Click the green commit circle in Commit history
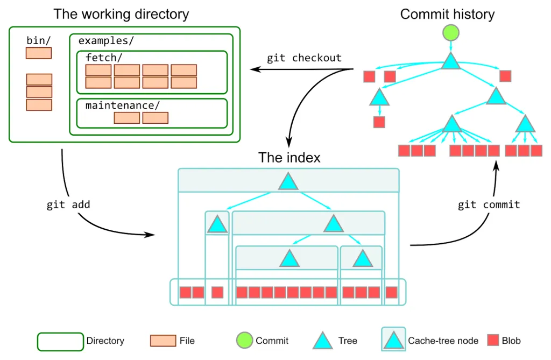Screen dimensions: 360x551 coord(451,33)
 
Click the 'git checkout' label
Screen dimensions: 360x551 coord(304,58)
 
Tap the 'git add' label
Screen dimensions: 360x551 coord(69,204)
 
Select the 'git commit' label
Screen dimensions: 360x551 coord(489,204)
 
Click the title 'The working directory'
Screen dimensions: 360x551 coord(121,14)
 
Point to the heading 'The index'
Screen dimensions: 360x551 coord(289,158)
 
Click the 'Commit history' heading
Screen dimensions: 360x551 coord(447,14)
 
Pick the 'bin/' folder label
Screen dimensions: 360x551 coord(38,41)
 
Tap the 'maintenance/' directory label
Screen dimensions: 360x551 coord(123,105)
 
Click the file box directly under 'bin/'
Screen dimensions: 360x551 coord(39,53)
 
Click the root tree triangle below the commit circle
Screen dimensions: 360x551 coord(451,61)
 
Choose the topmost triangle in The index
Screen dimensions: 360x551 coord(288,182)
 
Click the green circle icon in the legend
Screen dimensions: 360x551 coord(244,340)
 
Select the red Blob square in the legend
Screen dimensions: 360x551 coord(493,340)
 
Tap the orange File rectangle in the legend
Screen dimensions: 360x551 coord(163,340)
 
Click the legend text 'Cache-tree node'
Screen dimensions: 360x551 coord(442,341)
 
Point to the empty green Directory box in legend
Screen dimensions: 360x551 coord(60,341)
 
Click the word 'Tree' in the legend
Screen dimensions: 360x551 coord(348,341)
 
